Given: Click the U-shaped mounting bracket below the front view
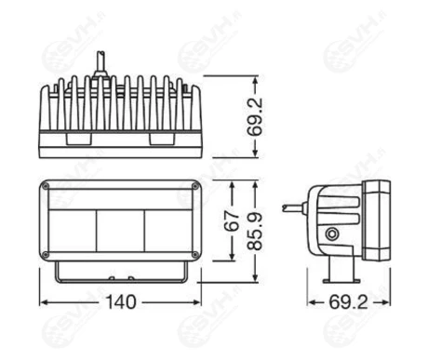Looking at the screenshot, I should pyautogui.click(x=120, y=275).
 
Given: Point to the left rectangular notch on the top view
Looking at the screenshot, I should pyautogui.click(x=78, y=137).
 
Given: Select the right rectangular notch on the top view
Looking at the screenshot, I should pyautogui.click(x=161, y=137).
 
